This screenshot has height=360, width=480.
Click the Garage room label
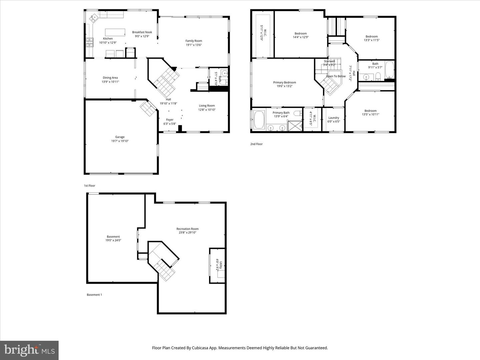(x=120, y=137)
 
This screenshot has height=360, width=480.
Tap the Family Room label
(x=194, y=41)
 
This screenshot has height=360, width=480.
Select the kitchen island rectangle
(x=115, y=32)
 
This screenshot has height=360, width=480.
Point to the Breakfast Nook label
(x=142, y=32)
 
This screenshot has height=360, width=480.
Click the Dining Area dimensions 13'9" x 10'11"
(x=110, y=82)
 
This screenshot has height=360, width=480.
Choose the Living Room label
(x=207, y=106)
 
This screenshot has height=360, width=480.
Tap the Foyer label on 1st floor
(x=170, y=120)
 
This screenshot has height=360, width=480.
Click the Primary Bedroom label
(x=284, y=83)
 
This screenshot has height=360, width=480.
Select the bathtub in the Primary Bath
(x=259, y=120)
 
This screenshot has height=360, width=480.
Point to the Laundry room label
(x=334, y=118)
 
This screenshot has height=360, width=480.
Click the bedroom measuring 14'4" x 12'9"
(x=301, y=35)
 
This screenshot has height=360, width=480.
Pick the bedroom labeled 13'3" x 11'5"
(x=372, y=38)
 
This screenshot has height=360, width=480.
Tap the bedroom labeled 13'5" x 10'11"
(x=370, y=113)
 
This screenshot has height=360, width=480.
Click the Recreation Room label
(x=187, y=229)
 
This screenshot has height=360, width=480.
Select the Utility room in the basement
(x=217, y=265)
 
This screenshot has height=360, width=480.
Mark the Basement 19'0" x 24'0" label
(x=113, y=238)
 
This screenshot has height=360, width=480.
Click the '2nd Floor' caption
(x=256, y=144)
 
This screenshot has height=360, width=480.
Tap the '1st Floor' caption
(x=90, y=186)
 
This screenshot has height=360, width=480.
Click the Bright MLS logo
(x=29, y=350)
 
